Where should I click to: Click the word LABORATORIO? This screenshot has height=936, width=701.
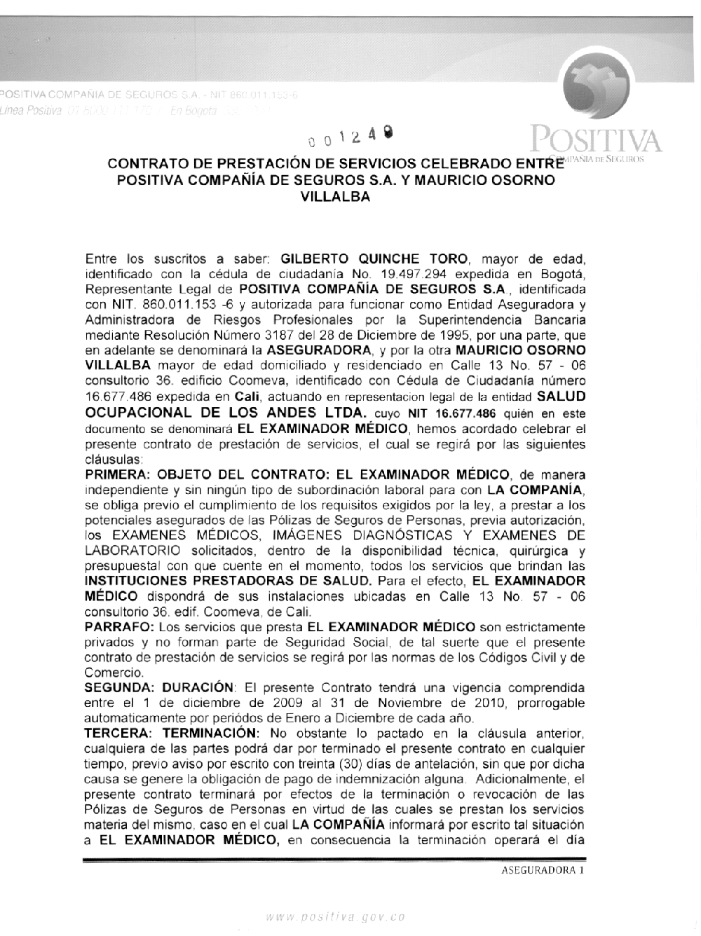click(x=132, y=551)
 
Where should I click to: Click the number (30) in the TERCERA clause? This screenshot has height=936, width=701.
click(x=351, y=764)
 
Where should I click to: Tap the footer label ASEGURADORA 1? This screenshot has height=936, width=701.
click(x=542, y=870)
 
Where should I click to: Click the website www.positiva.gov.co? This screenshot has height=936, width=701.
click(x=336, y=916)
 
